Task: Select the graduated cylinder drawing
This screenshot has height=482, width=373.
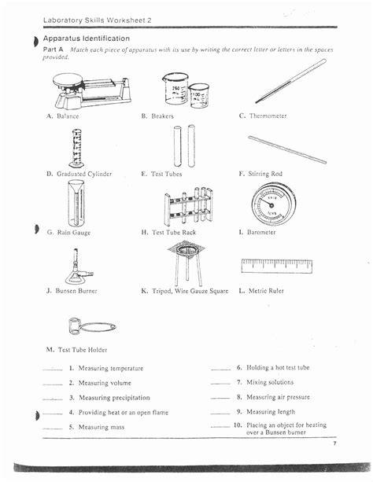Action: click(x=76, y=147)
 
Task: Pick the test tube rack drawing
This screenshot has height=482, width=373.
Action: click(x=188, y=206)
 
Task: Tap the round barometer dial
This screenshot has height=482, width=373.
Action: click(x=272, y=204)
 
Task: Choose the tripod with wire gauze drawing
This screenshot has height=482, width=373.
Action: click(x=187, y=262)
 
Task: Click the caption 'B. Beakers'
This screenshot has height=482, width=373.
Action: click(x=157, y=116)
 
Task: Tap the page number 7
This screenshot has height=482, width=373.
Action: click(x=334, y=444)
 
